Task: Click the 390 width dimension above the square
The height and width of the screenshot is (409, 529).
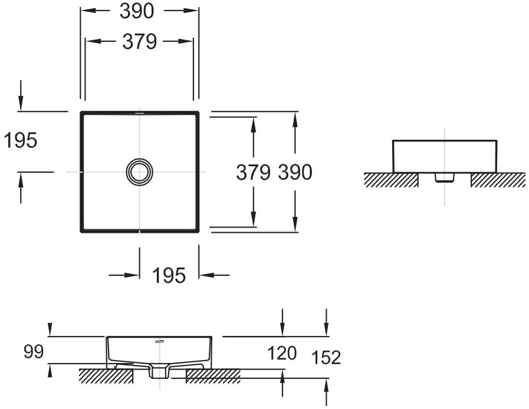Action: pyautogui.click(x=137, y=11)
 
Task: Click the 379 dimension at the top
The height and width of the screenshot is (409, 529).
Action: pyautogui.click(x=139, y=41)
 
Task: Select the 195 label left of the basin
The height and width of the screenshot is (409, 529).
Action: pyautogui.click(x=20, y=140)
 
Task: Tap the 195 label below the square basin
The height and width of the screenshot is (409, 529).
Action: pyautogui.click(x=169, y=275)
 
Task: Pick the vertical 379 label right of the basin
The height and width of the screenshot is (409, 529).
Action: pyautogui.click(x=253, y=172)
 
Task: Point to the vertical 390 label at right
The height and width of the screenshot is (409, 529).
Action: pyautogui.click(x=295, y=172)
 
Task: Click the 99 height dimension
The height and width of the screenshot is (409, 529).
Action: pyautogui.click(x=34, y=352)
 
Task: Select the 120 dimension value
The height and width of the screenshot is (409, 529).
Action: pyautogui.click(x=282, y=353)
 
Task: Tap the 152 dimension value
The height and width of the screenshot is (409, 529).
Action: pyautogui.click(x=326, y=357)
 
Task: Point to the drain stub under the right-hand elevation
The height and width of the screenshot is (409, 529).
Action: pyautogui.click(x=445, y=177)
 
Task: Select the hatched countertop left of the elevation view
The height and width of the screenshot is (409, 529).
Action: pyautogui.click(x=391, y=180)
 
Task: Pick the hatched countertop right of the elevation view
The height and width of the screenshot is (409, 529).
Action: pyautogui.click(x=498, y=180)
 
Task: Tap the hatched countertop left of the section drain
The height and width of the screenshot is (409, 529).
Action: pyautogui.click(x=106, y=375)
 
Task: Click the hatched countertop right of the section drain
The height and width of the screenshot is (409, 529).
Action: pyautogui.click(x=213, y=376)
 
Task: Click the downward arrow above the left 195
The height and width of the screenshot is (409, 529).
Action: pyautogui.click(x=21, y=95)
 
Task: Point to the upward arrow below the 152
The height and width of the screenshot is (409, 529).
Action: pyautogui.click(x=326, y=392)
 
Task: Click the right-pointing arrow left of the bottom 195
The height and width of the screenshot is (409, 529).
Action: pyautogui.click(x=124, y=275)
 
